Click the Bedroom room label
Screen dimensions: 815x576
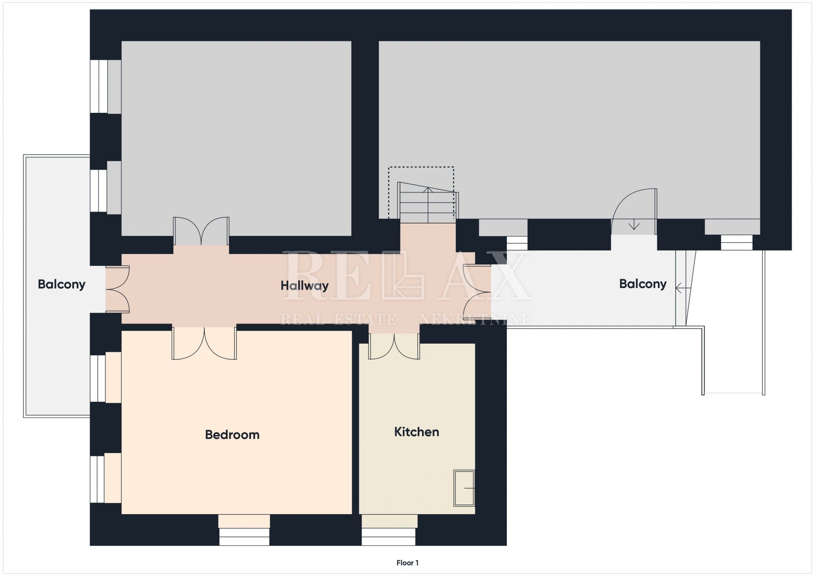(x=232, y=435)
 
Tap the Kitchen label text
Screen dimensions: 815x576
(x=416, y=432)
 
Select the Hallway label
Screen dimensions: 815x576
(x=304, y=286)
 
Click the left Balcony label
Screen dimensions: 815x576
(x=62, y=284)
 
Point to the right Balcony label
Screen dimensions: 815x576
(x=643, y=284)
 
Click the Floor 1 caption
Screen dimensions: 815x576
(x=407, y=563)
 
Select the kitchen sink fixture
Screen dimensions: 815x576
(x=464, y=488)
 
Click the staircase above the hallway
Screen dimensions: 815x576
(x=428, y=202)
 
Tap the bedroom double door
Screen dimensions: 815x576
(x=204, y=343)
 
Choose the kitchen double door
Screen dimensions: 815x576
(x=394, y=346)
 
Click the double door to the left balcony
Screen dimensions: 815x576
(x=118, y=290)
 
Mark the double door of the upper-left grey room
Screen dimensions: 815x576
(x=201, y=231)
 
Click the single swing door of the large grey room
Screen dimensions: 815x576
(x=634, y=211)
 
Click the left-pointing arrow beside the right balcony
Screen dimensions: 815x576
(x=683, y=288)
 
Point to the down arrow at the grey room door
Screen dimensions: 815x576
(x=634, y=224)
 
